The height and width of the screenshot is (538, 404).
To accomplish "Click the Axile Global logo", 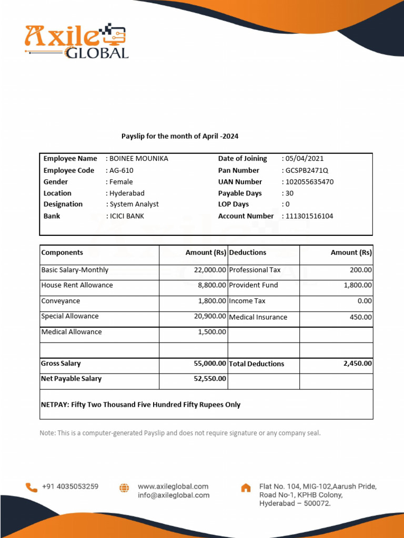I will pyautogui.click(x=76, y=41).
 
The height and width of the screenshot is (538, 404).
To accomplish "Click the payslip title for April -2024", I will pyautogui.click(x=180, y=136).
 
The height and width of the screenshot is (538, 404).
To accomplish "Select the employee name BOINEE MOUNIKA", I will pyautogui.click(x=138, y=159).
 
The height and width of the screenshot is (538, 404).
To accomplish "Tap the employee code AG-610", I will pyautogui.click(x=120, y=170).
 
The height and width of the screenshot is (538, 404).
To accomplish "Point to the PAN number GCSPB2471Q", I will pyautogui.click(x=307, y=170).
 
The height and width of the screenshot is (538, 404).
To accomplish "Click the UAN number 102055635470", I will pyautogui.click(x=309, y=182).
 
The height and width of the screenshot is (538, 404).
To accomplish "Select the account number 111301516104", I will pyautogui.click(x=309, y=216).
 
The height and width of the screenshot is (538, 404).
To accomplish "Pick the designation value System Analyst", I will pyautogui.click(x=134, y=204).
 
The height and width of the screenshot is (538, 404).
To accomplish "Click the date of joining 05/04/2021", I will pyautogui.click(x=304, y=159).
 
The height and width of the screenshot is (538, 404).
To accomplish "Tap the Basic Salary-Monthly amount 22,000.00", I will pyautogui.click(x=210, y=270).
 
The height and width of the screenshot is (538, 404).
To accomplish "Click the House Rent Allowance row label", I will pyautogui.click(x=77, y=285).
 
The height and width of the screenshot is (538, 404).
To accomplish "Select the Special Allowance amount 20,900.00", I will pyautogui.click(x=210, y=316).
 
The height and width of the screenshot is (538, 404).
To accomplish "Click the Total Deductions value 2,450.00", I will pyautogui.click(x=357, y=363).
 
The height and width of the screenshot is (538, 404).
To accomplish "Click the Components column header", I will pyautogui.click(x=62, y=253).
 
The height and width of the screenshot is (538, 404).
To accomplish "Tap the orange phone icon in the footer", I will pyautogui.click(x=32, y=488).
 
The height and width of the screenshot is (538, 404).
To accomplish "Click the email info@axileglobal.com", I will pyautogui.click(x=174, y=495).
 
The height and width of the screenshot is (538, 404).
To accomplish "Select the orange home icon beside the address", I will pyautogui.click(x=246, y=488).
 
